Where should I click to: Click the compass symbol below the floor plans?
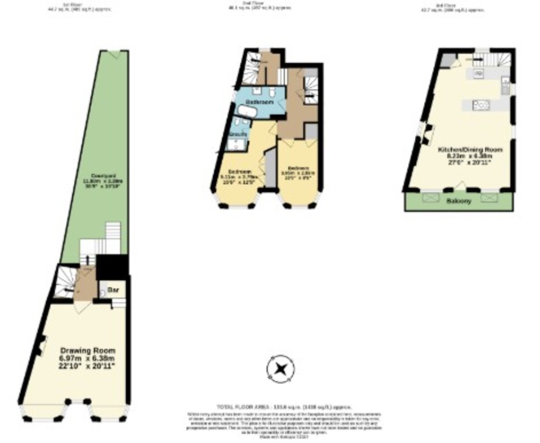coord(281,368)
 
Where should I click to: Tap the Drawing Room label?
coord(88,351)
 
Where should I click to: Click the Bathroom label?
coord(259,102)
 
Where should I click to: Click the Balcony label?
coord(458,201)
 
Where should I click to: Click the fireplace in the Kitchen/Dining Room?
coord(425,133)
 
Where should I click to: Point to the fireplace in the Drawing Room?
coord(40,345)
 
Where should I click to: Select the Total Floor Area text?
coord(284,407)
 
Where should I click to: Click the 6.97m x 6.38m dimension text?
coord(88,359)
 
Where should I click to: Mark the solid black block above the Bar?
coord(112,266)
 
